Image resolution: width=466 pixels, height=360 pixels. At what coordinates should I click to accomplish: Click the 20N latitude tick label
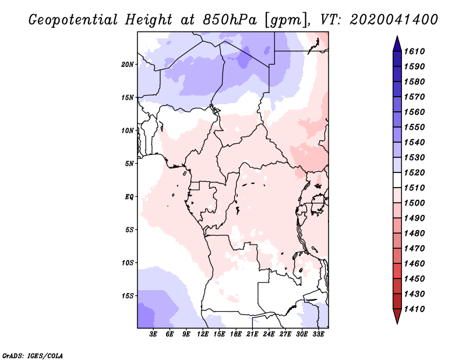coord(128,65)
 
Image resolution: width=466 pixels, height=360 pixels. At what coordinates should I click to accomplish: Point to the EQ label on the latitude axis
coord(129,197)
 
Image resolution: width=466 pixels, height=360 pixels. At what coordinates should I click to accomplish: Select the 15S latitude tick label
coord(128,296)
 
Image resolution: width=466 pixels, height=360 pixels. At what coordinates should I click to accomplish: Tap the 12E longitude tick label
coord(203,334)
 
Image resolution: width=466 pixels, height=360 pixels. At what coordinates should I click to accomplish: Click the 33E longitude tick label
coord(318,334)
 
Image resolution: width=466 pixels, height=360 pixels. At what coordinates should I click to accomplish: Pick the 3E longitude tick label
coord(153,334)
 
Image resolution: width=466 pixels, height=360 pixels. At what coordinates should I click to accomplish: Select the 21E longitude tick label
coord(252,334)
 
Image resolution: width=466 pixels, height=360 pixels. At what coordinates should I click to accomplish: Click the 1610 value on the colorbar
coord(414,51)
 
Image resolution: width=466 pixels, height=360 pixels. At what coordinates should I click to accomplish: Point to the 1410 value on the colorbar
coord(414,309)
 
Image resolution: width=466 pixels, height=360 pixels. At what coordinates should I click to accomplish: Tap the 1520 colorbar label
coord(414,172)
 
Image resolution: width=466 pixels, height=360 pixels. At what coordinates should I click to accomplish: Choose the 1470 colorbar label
coord(414,249)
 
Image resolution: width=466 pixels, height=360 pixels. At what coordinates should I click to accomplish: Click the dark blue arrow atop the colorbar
coord(397,45)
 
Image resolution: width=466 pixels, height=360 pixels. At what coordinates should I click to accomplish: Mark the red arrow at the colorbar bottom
coord(397,316)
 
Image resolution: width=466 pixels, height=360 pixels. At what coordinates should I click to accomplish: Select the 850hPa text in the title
coord(230,20)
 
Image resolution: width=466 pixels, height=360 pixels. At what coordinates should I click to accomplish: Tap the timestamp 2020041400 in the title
coord(394,20)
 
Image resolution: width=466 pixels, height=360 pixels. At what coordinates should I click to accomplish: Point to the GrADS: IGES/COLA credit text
coord(33,356)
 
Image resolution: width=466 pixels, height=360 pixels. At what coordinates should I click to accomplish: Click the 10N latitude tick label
coord(128,131)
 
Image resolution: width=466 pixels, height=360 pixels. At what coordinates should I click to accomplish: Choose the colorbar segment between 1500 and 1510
coord(397,195)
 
